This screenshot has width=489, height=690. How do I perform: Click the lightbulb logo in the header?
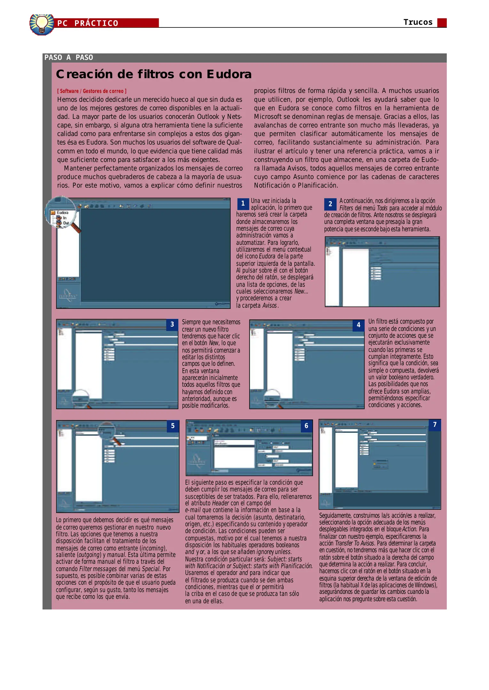(42, 24)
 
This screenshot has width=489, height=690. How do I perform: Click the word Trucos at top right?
(418, 22)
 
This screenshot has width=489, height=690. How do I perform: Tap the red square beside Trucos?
(442, 23)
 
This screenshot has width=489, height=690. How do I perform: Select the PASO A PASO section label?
(69, 57)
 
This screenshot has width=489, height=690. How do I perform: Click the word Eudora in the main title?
(229, 74)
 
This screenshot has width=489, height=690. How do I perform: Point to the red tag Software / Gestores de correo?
(92, 91)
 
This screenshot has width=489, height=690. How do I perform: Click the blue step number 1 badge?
(243, 203)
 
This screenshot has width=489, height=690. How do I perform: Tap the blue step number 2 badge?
(330, 204)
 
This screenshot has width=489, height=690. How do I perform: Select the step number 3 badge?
(172, 325)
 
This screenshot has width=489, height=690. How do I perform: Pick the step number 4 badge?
(359, 325)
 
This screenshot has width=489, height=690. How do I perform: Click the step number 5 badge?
(173, 426)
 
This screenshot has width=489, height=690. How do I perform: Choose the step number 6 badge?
(306, 426)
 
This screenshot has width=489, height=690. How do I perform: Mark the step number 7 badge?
(435, 425)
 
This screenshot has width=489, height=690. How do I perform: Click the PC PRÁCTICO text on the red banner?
(88, 23)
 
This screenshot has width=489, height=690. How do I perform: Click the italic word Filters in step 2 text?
(346, 208)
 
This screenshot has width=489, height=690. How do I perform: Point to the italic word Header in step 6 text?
(220, 503)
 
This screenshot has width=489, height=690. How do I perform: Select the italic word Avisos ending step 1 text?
(269, 305)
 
